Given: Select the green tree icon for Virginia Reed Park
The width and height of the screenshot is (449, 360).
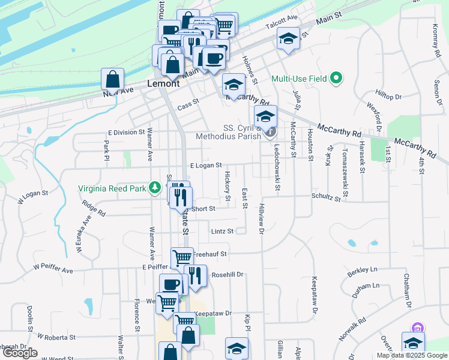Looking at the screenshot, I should click(x=155, y=188).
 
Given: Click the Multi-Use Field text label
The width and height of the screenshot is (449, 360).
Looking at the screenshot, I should click(x=299, y=79).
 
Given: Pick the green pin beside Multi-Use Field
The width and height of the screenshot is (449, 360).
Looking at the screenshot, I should click(x=336, y=79).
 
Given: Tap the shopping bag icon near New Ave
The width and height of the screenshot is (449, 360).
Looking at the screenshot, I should click(x=113, y=79).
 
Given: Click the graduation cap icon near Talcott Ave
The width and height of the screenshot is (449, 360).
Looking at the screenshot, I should click(x=289, y=40).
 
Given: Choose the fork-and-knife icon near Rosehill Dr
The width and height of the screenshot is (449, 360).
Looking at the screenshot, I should click(x=195, y=275).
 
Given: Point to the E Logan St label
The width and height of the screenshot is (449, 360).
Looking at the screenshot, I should click(x=206, y=165).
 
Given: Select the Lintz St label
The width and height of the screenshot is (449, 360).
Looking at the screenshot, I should click(x=221, y=231).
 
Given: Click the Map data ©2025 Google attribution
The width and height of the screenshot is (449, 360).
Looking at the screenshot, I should click(x=412, y=355).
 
